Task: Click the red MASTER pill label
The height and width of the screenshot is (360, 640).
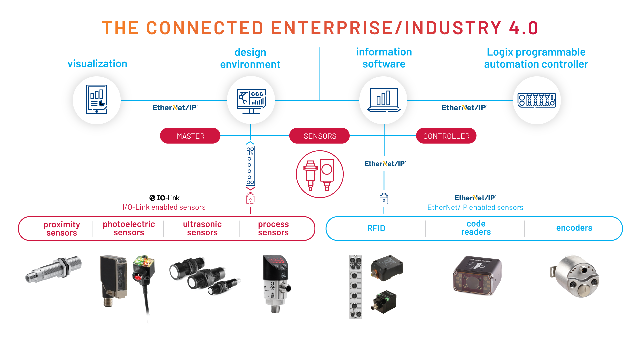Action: (190, 136)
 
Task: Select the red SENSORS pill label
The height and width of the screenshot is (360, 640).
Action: (320, 136)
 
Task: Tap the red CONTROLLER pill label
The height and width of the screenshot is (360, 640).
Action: (446, 136)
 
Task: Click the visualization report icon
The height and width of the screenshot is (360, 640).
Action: (97, 100)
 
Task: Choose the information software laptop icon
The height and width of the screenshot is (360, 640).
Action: (384, 100)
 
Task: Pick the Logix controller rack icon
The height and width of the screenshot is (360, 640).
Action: (536, 100)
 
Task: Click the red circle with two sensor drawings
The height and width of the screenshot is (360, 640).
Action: (320, 174)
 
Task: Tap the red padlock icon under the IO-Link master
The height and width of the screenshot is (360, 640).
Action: (250, 198)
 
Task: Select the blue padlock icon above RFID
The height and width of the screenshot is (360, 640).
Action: (384, 199)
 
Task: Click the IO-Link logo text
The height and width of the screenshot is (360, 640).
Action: (165, 198)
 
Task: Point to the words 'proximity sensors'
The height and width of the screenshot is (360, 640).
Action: (62, 229)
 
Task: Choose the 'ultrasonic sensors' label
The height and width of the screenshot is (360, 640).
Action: (202, 229)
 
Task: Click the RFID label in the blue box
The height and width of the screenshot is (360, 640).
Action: (376, 228)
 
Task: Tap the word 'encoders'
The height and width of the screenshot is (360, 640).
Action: (574, 228)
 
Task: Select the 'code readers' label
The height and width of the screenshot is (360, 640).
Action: (476, 228)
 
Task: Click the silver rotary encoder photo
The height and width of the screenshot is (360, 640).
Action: (575, 276)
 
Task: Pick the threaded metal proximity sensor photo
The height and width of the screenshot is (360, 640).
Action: (54, 269)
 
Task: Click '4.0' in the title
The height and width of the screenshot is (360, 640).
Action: (523, 28)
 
